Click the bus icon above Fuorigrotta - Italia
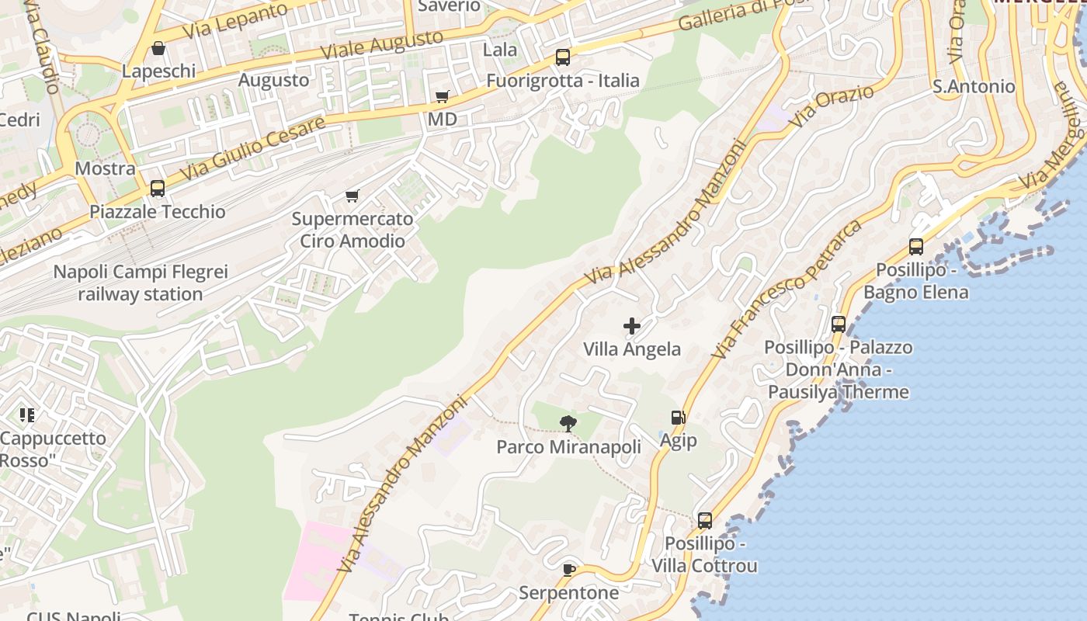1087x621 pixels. [562, 57]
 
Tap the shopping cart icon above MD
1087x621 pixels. [442, 96]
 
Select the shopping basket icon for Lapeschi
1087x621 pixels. [158, 48]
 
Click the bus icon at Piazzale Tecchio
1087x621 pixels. [158, 188]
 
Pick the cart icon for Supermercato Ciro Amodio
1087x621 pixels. [352, 196]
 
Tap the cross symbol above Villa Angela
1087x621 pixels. [632, 326]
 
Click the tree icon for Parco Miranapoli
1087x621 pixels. [568, 423]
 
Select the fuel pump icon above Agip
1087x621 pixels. [678, 418]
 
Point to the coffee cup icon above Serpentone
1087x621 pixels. [569, 570]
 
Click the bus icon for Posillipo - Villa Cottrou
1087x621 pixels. [704, 520]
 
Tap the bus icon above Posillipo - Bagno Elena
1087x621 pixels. [916, 247]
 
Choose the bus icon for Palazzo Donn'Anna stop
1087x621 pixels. [839, 324]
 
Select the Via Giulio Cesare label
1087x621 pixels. [252, 149]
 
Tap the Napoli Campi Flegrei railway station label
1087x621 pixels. [141, 283]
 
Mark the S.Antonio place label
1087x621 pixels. [974, 86]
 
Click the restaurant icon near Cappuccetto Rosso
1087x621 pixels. [28, 415]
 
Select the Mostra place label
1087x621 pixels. [105, 168]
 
